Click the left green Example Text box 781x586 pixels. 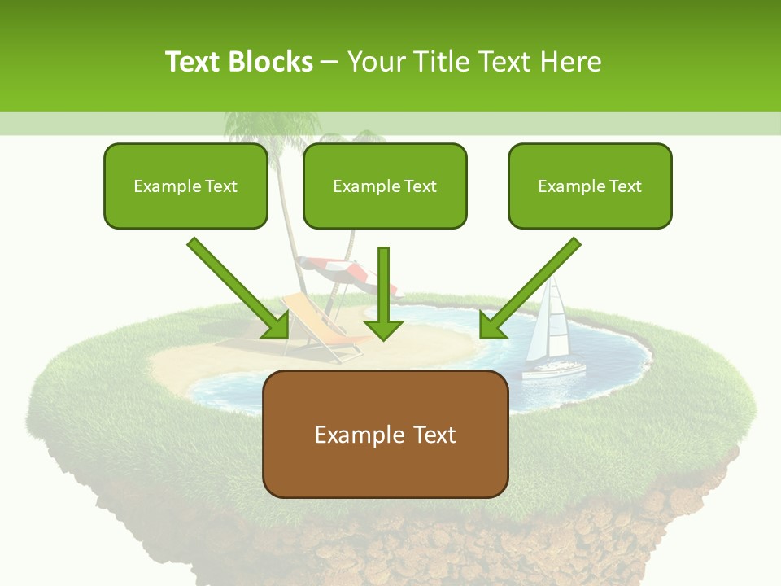click(x=185, y=186)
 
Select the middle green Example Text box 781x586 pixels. click(x=385, y=186)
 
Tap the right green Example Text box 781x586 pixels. click(x=590, y=186)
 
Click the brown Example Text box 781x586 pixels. click(x=385, y=434)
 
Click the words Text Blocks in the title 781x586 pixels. click(x=239, y=62)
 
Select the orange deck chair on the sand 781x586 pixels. click(x=317, y=326)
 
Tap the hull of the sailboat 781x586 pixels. click(x=553, y=370)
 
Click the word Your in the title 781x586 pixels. click(x=375, y=62)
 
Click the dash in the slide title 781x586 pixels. click(x=329, y=62)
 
